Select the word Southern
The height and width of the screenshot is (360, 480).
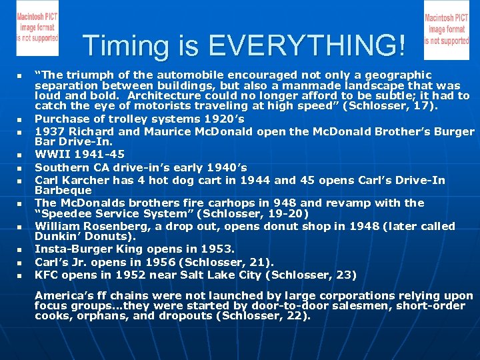point(61,167)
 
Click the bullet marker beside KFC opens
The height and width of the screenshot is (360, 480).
point(20,275)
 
